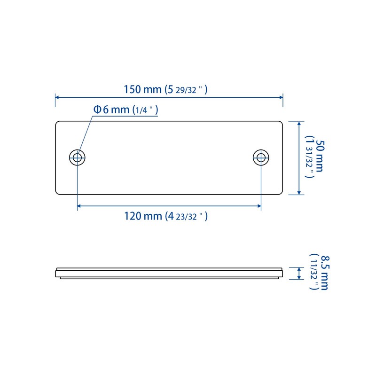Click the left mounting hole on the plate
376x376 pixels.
point(78,157)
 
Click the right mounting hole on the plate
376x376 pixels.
point(261,157)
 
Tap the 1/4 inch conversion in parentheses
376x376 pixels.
point(145,110)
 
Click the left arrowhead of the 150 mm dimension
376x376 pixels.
point(57,97)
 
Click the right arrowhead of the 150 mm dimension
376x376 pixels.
point(281,97)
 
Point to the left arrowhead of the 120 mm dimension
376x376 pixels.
point(79,206)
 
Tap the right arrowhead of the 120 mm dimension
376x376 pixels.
point(259,206)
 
